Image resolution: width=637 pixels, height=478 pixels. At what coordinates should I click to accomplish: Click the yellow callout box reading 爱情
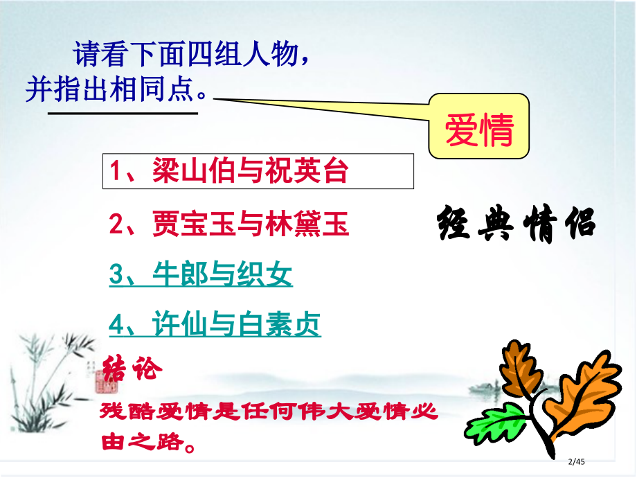[x=479, y=127]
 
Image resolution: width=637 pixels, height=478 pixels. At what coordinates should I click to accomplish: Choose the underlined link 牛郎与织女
[x=201, y=275]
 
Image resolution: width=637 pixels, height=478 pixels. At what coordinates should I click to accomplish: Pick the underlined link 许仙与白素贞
[x=215, y=324]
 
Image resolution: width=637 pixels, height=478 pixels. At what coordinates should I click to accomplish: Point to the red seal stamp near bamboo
[x=101, y=378]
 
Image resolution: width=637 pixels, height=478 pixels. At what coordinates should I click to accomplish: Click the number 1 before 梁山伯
[x=116, y=172]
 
